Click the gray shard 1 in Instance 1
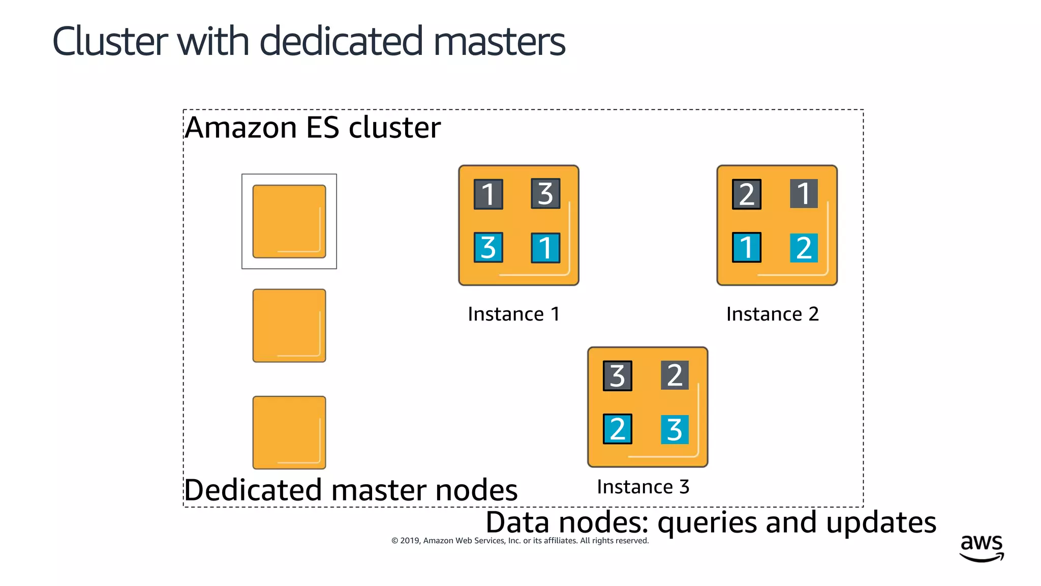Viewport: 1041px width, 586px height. click(488, 194)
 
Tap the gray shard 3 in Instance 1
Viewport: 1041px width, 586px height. click(545, 193)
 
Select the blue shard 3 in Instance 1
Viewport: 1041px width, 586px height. click(488, 247)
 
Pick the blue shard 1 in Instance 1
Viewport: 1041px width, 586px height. click(545, 248)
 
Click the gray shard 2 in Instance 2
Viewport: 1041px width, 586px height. click(746, 194)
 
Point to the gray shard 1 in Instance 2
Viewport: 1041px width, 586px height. click(804, 193)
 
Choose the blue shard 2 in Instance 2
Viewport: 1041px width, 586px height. click(804, 248)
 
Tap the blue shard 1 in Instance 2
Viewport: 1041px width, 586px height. click(746, 247)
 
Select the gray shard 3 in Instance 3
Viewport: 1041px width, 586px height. click(617, 375)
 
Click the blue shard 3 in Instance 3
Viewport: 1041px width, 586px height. click(675, 430)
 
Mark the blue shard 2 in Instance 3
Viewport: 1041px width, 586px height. click(617, 429)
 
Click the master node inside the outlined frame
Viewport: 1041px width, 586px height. click(289, 221)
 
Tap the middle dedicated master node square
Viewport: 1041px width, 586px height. click(289, 326)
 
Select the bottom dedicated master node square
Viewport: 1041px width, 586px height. click(289, 432)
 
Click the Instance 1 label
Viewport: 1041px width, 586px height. click(514, 314)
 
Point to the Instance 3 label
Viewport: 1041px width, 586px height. click(643, 487)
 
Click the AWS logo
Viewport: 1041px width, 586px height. click(982, 547)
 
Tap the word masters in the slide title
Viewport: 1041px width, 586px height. click(499, 41)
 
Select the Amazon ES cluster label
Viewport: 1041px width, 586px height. click(313, 127)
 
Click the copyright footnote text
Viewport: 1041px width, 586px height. click(520, 541)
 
